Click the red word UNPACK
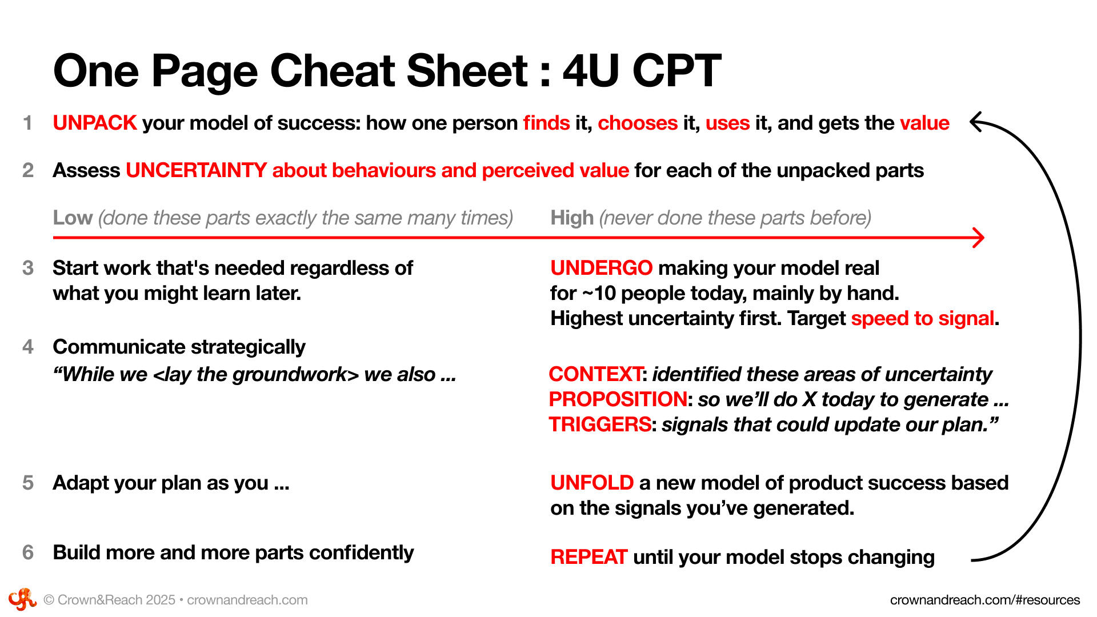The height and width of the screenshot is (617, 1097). point(95,123)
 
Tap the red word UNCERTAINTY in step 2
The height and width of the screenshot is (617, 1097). point(196,170)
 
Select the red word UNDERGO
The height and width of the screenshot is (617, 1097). point(601,268)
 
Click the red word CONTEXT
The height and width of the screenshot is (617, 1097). point(595,374)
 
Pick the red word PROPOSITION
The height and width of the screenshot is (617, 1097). point(618,399)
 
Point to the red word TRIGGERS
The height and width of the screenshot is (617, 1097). point(600,424)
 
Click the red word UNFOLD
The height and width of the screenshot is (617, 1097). point(592,483)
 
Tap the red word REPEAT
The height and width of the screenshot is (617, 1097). point(589,557)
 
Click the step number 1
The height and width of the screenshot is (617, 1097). point(27,123)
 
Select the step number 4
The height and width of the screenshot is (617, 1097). point(28,347)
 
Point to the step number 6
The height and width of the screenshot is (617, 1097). point(28,552)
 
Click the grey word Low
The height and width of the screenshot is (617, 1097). point(73,218)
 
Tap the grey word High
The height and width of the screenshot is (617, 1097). point(572,218)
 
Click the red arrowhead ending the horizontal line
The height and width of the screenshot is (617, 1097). point(979,237)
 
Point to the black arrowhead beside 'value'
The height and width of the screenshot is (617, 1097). point(976,122)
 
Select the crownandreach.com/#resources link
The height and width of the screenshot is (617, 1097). point(985,600)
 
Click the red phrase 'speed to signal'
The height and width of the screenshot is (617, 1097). point(923,318)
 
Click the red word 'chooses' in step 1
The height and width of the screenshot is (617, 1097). point(638,123)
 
